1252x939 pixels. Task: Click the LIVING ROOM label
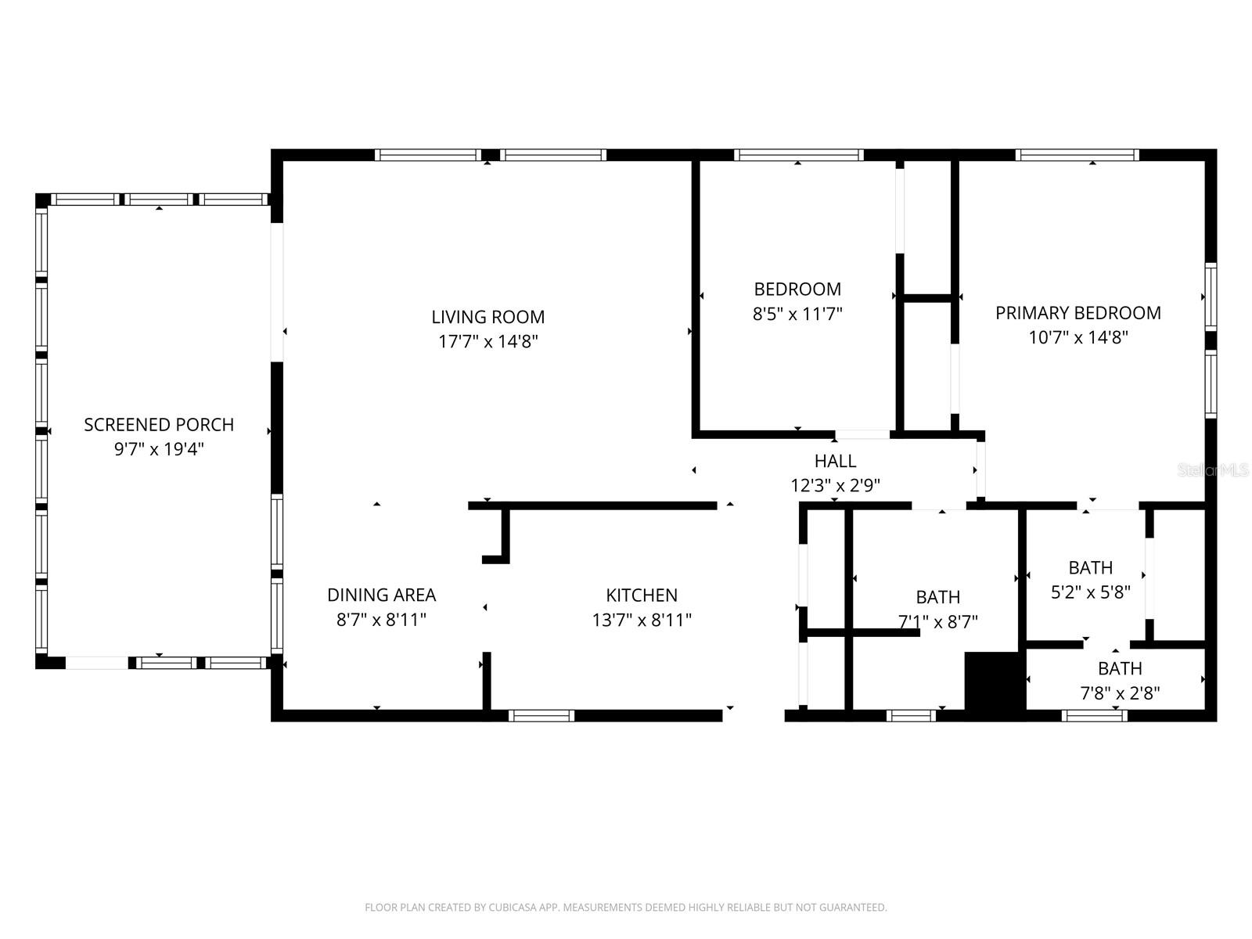[487, 317]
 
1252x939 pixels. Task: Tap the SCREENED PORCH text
[159, 425]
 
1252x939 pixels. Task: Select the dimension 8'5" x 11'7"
[797, 315]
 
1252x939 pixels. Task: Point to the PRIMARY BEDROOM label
[1078, 313]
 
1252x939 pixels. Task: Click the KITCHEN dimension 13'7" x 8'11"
[642, 621]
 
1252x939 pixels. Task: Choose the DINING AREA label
[381, 595]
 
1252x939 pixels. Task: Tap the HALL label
[835, 461]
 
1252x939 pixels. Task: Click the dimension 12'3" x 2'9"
[835, 486]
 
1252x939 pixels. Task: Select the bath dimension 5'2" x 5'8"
[1090, 592]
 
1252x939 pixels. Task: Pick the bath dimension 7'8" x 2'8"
[1120, 693]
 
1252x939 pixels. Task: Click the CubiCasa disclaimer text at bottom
[625, 908]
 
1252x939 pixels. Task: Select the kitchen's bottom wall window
[541, 715]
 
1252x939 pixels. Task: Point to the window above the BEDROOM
[798, 155]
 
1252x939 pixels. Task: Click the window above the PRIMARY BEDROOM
[1077, 155]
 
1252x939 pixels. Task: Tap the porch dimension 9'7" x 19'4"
[159, 450]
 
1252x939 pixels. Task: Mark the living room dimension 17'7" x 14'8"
[487, 342]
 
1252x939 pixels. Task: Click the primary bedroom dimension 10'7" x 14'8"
[1078, 338]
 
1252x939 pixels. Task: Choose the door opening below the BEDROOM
[862, 434]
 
